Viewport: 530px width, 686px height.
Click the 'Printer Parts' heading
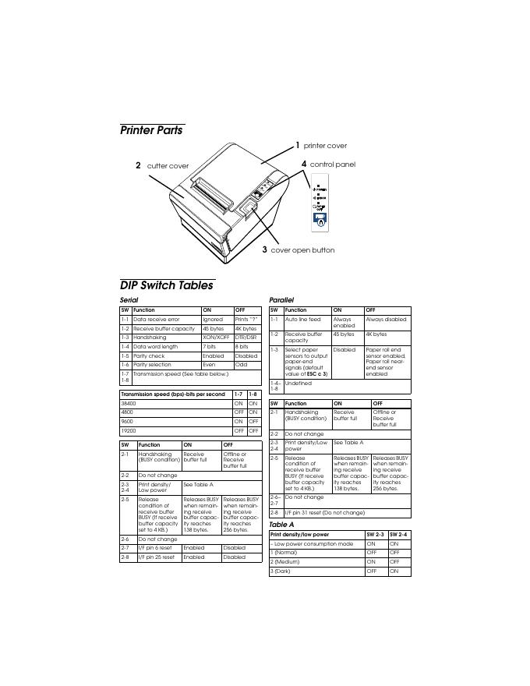[151, 130]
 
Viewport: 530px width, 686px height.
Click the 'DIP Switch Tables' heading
[166, 285]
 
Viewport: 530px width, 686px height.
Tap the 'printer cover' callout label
[325, 146]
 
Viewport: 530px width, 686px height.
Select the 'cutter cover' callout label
[168, 166]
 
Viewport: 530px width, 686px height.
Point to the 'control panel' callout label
[332, 164]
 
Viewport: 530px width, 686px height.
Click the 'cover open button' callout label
[302, 250]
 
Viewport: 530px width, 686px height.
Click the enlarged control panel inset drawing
[320, 206]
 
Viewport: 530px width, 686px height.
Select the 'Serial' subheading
[129, 300]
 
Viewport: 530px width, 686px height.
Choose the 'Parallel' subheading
[281, 300]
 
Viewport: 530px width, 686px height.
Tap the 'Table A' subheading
[281, 525]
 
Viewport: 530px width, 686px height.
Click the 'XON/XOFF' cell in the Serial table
[216, 338]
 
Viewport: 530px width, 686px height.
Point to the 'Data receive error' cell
[157, 320]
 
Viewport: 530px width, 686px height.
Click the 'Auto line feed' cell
[302, 320]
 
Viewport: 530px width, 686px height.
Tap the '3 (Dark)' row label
[281, 571]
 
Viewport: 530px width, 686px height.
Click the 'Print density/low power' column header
[299, 535]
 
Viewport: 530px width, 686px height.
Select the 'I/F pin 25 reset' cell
[156, 557]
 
